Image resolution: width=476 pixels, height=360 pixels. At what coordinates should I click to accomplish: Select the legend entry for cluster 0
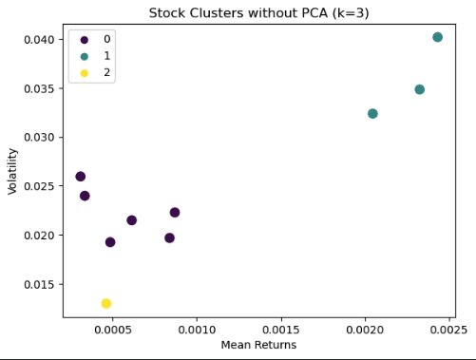coord(86,40)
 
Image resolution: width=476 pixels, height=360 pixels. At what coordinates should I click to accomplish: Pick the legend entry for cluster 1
coord(86,56)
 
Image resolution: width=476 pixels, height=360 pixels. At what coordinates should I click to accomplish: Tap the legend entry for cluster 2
coord(86,72)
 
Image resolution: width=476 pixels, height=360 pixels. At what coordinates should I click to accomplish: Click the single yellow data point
coord(106,303)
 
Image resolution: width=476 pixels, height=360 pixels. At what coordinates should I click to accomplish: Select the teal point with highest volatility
coord(437,37)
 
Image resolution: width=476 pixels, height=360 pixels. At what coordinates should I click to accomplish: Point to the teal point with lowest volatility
coord(372,114)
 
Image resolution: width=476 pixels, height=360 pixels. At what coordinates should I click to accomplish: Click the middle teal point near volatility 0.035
coord(419,89)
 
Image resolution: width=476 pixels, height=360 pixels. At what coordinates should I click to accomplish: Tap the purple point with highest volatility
coord(81,177)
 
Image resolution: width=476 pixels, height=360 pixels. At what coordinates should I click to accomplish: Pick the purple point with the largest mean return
coord(175,213)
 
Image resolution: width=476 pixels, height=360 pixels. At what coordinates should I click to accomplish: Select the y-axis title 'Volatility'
coord(13,171)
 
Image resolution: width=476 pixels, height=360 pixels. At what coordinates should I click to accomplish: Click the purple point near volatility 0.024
coord(85,196)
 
